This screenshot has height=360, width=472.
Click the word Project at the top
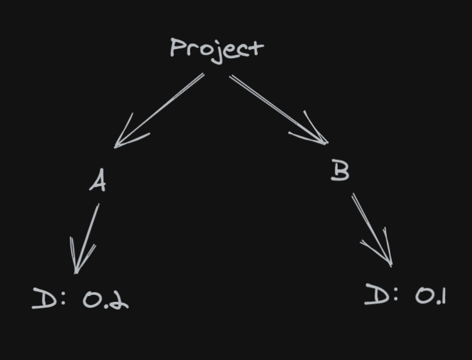click(217, 48)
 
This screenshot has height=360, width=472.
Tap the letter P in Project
click(177, 48)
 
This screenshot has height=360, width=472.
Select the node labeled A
click(97, 181)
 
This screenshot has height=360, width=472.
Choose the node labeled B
click(340, 170)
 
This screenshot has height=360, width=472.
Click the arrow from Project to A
click(159, 110)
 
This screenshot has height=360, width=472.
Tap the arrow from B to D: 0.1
click(371, 228)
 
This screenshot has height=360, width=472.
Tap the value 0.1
click(430, 296)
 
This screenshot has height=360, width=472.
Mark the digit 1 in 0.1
click(442, 295)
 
